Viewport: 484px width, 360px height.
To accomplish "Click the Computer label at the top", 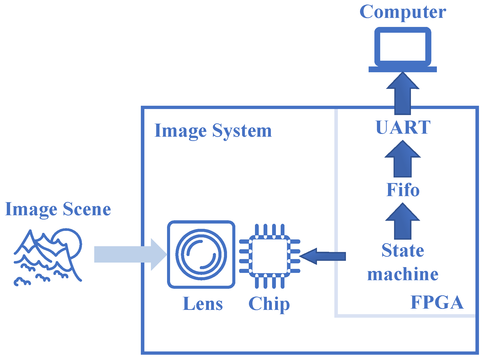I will [x=402, y=12].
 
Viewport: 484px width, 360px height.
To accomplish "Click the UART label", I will [x=403, y=127].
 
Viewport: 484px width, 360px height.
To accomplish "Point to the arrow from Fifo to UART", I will [x=403, y=160].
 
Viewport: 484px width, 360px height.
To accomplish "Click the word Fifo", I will [x=403, y=190].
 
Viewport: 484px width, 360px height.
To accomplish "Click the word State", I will [x=403, y=250].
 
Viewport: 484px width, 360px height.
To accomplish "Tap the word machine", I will [x=403, y=274].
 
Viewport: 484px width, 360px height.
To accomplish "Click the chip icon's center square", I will [x=270, y=256].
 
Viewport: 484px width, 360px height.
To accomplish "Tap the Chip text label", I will [x=269, y=304].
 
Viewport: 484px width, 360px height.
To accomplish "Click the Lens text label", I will [x=203, y=304].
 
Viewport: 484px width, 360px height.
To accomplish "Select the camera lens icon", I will [x=201, y=254].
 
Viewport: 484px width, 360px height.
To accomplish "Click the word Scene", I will [x=87, y=209].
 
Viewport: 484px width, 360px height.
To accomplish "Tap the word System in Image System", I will [x=242, y=131].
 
